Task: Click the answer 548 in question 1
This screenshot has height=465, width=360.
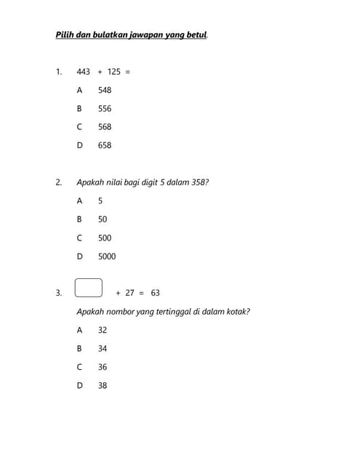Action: pos(105,90)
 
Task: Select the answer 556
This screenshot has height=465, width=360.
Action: pos(105,108)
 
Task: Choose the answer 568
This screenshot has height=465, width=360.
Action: pos(105,126)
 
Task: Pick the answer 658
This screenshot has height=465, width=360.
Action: pos(105,145)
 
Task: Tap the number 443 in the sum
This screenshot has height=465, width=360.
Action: pos(84,72)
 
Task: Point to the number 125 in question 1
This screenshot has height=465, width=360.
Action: pos(114,72)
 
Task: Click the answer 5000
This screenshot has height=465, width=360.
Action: pos(107,256)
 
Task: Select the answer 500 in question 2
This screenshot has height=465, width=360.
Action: pos(105,238)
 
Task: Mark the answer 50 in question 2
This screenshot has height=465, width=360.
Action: pos(103,219)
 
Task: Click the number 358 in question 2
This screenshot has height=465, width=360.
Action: pos(199,182)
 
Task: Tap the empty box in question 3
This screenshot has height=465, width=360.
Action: pos(88,288)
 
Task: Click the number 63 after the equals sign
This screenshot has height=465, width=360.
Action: pos(156,293)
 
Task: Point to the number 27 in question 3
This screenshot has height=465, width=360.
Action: pos(130,293)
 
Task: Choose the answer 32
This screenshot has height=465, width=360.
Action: pos(103,330)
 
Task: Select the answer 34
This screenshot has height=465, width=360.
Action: pos(103,349)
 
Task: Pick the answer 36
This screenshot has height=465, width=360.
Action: pos(103,368)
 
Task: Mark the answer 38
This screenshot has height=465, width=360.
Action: pos(103,386)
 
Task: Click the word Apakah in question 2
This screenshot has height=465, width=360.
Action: pos(89,182)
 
